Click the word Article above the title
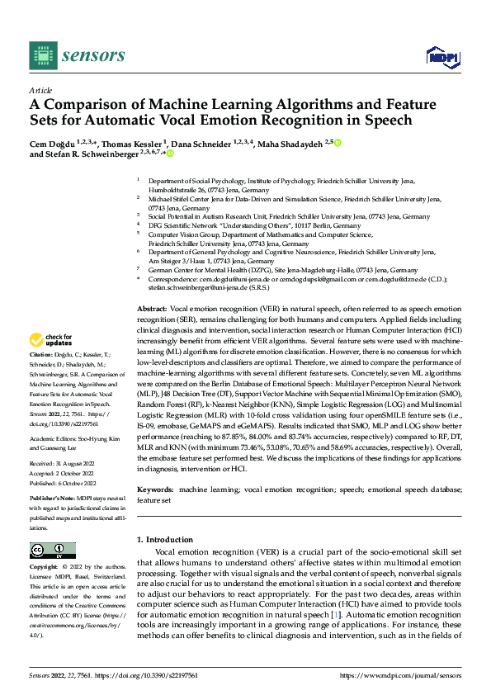click(x=40, y=90)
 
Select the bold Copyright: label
click(x=44, y=569)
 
